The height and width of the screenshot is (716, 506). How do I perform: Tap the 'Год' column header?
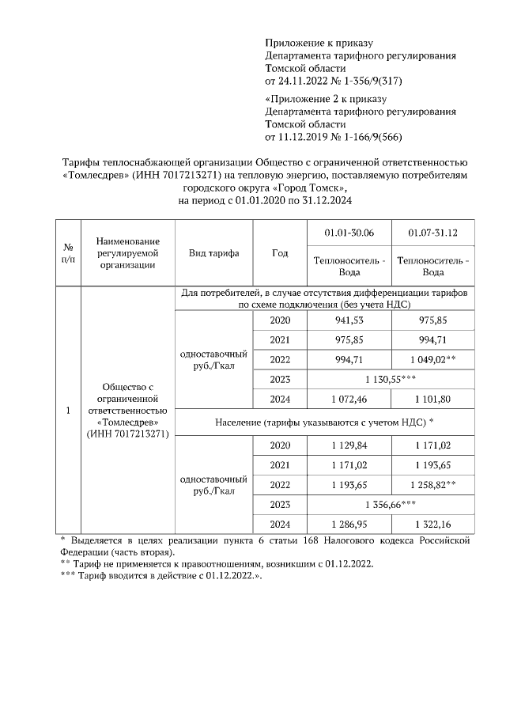279,253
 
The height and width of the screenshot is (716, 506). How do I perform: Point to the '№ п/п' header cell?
68,253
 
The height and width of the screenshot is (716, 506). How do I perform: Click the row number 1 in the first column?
68,411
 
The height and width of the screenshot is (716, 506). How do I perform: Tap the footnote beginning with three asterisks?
162,576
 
